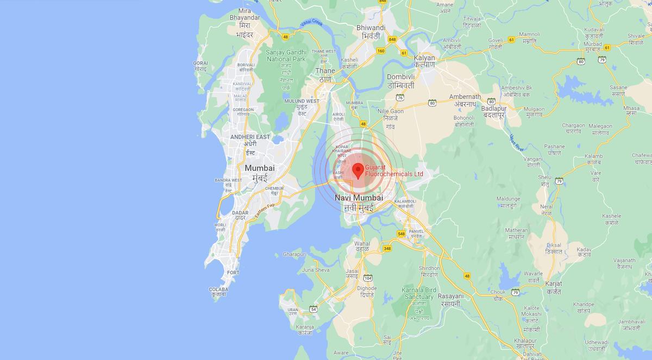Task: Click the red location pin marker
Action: click(358, 170)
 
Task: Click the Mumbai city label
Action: click(259, 173)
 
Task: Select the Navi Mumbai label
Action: click(359, 202)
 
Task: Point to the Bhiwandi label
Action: click(371, 31)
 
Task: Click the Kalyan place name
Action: click(424, 61)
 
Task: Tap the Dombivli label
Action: click(401, 81)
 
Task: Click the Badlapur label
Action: click(493, 112)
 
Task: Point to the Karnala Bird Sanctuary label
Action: click(419, 298)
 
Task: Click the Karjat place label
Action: click(554, 287)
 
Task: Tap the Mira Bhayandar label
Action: click(244, 22)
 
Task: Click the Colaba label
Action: click(218, 292)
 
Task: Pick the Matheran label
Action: click(516, 233)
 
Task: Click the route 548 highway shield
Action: click(402, 233)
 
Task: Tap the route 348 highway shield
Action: click(387, 249)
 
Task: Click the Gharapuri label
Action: click(295, 254)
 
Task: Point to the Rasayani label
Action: click(450, 300)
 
